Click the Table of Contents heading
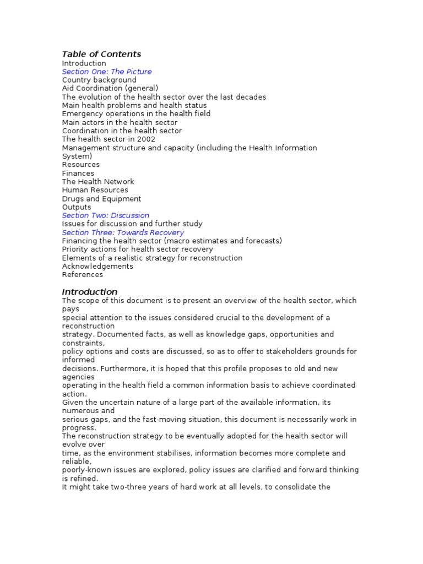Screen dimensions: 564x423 click(x=101, y=54)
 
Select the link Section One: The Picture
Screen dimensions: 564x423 click(x=107, y=72)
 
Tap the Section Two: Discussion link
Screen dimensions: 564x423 click(x=106, y=215)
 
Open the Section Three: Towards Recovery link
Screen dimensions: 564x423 click(x=123, y=232)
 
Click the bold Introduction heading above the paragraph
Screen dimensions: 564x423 click(x=90, y=292)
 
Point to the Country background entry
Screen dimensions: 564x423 click(x=99, y=80)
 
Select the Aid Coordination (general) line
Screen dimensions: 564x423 click(x=110, y=88)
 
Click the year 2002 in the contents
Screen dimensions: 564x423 click(x=146, y=139)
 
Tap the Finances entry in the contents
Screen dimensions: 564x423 click(x=78, y=173)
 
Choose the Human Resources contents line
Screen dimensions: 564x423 click(x=95, y=190)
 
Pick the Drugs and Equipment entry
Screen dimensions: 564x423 click(x=101, y=199)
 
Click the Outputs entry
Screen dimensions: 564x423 click(x=77, y=207)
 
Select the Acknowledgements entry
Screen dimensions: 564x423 click(x=97, y=266)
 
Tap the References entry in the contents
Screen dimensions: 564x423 click(x=83, y=274)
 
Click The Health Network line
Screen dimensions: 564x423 click(x=98, y=181)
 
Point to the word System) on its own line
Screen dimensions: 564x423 click(x=77, y=156)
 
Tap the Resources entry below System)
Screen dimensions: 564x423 click(x=81, y=165)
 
